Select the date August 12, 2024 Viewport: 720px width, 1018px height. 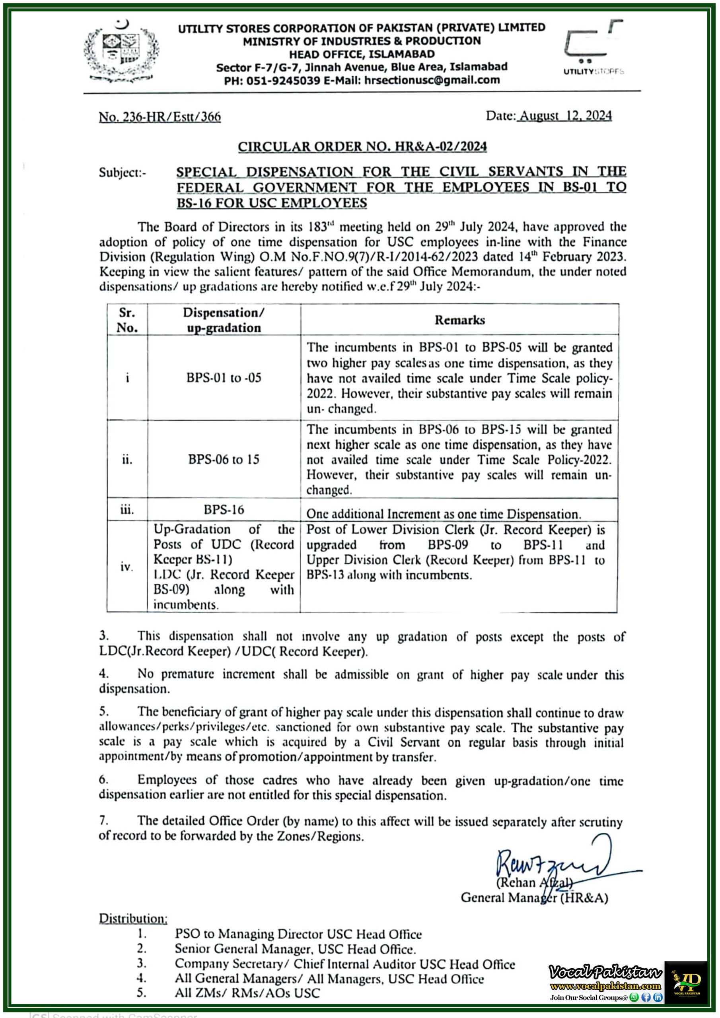click(565, 116)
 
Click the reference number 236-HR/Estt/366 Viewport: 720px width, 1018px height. click(160, 117)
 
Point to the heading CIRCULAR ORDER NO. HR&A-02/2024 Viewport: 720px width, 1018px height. click(362, 147)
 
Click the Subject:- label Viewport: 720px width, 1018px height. click(123, 173)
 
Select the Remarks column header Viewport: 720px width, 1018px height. click(459, 320)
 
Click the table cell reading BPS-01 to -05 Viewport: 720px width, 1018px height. click(224, 378)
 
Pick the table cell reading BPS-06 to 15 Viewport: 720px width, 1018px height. click(224, 459)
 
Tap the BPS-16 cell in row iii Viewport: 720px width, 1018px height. click(224, 509)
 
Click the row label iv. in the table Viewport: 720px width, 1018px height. click(127, 567)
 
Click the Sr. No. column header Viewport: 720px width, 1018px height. click(127, 320)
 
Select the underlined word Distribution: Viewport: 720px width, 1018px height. click(133, 918)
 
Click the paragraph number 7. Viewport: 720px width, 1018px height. click(103, 821)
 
